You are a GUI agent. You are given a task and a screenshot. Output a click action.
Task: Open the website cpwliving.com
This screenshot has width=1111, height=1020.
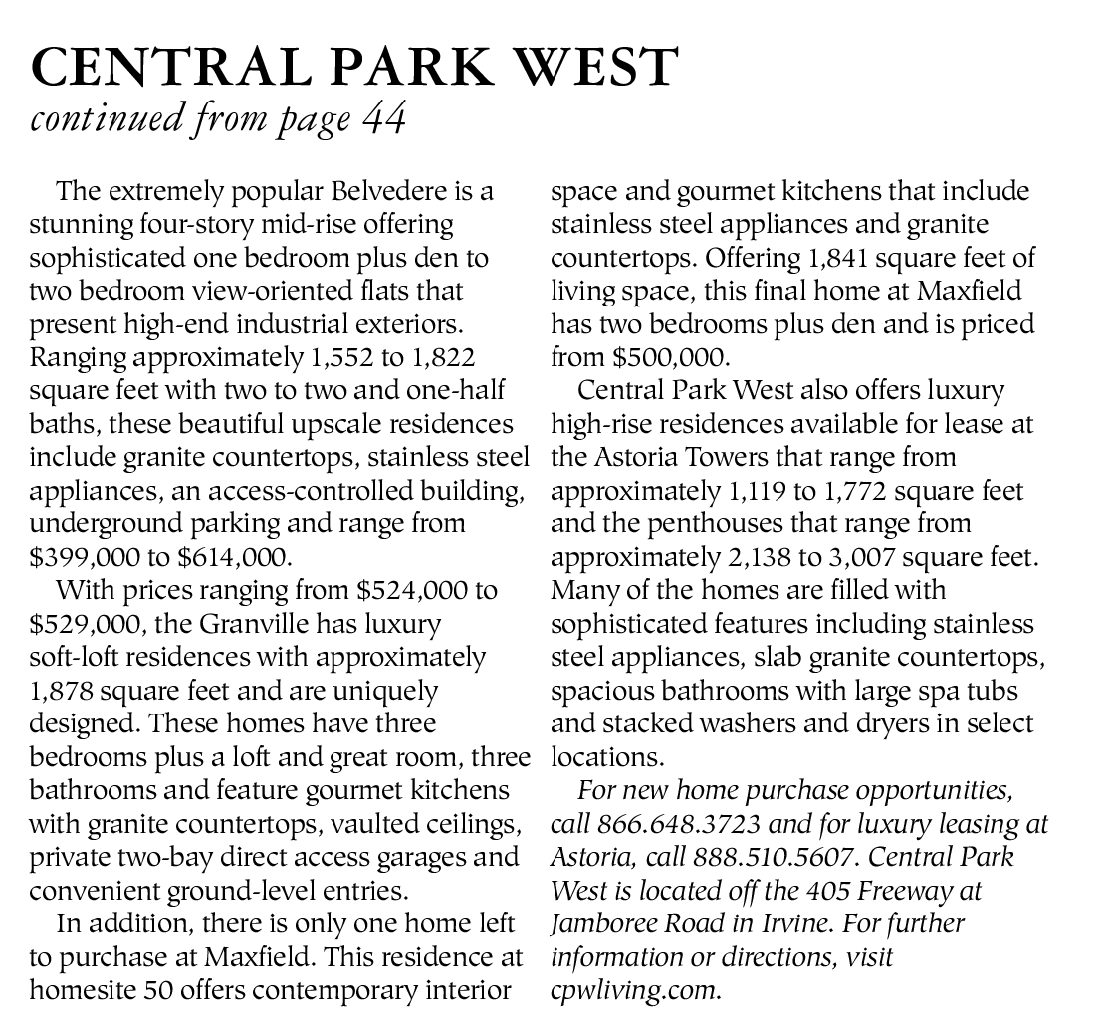click(x=633, y=990)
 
